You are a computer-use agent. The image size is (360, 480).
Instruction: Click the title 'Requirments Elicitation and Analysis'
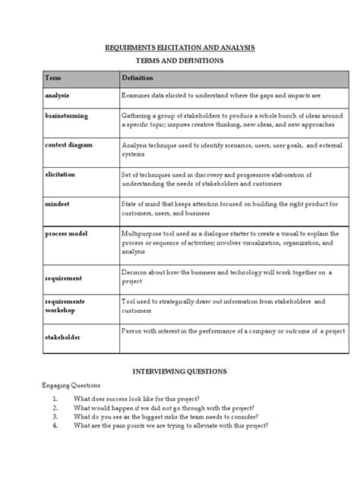pyautogui.click(x=179, y=47)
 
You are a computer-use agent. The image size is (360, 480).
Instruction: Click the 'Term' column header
pyautogui.click(x=53, y=78)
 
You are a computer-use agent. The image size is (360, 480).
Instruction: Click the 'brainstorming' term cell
pyautogui.click(x=67, y=115)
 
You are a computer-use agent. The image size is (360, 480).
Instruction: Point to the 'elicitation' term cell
pyautogui.click(x=62, y=174)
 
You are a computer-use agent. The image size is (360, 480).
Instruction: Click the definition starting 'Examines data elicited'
pyautogui.click(x=221, y=96)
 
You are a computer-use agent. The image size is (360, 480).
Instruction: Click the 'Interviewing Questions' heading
pyautogui.click(x=179, y=371)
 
